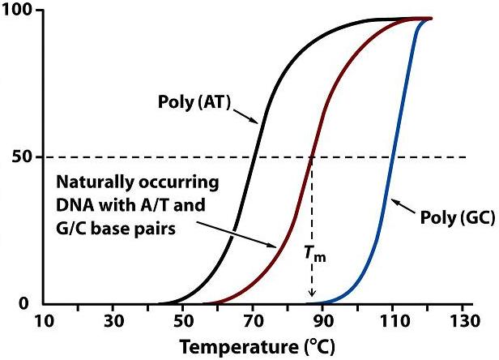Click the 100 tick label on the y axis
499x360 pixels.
pos(19,11)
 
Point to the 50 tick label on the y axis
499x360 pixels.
pos(22,156)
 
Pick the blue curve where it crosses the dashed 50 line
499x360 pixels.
pos(392,156)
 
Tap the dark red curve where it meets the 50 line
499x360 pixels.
pos(312,156)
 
